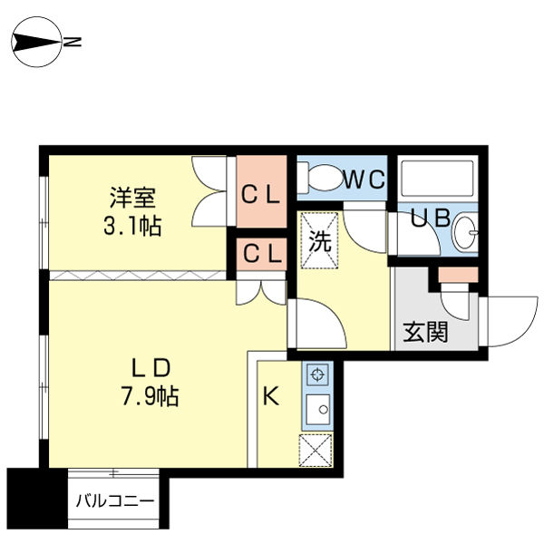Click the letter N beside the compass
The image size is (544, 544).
[73, 42]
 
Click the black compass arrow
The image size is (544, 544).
[37, 43]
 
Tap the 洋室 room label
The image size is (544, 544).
[132, 198]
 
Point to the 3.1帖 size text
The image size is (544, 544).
[132, 226]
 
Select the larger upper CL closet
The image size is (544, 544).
[262, 191]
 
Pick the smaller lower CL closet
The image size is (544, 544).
[262, 254]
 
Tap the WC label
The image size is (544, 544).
[364, 180]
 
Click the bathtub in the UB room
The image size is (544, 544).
[438, 178]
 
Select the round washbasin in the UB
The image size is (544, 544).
[465, 232]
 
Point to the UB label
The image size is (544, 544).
[430, 218]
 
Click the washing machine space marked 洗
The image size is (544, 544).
[319, 240]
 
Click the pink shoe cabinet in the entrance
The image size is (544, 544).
[458, 275]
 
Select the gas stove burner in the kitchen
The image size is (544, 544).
[317, 374]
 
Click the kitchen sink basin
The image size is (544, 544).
[318, 410]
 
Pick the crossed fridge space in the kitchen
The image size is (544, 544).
[316, 450]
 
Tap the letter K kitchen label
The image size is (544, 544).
[270, 396]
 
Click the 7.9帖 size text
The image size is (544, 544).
[150, 396]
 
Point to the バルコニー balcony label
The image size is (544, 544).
[115, 501]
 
